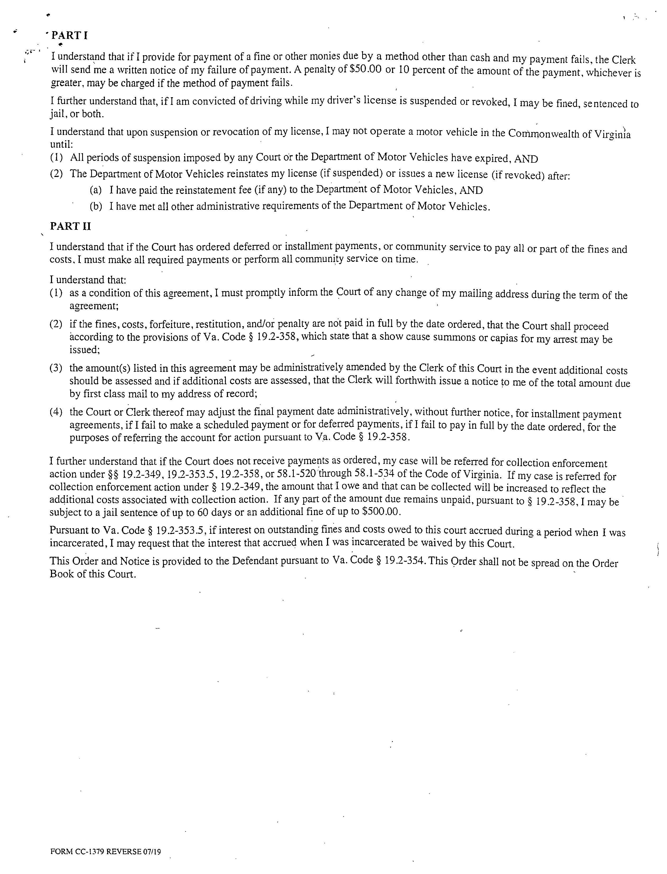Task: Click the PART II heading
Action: (x=70, y=226)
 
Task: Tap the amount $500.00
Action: (x=381, y=511)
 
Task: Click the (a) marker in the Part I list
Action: (x=96, y=190)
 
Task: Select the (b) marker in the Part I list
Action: (x=96, y=206)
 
